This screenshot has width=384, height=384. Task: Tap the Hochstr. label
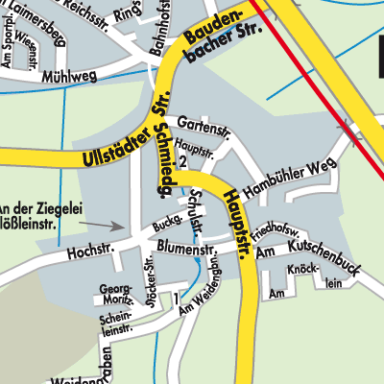click(90, 252)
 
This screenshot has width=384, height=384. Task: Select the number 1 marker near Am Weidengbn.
click(177, 300)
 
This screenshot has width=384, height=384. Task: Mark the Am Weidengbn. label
click(210, 279)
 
